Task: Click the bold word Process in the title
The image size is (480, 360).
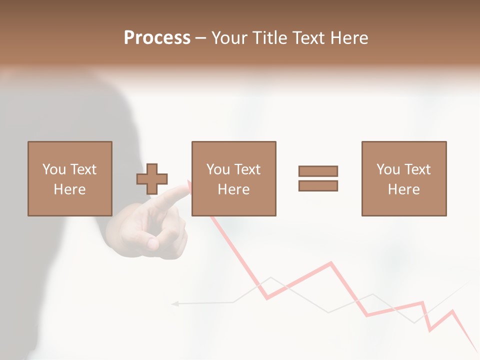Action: pyautogui.click(x=157, y=37)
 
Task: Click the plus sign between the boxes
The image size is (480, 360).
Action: pyautogui.click(x=152, y=178)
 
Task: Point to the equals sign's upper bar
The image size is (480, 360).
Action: pyautogui.click(x=318, y=171)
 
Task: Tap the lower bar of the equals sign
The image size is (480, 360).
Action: pyautogui.click(x=318, y=185)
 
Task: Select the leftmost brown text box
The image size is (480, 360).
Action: pyautogui.click(x=70, y=178)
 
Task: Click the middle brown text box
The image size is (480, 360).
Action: pyautogui.click(x=234, y=178)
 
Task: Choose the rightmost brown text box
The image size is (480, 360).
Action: pyautogui.click(x=404, y=178)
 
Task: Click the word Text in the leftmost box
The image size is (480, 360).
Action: pyautogui.click(x=83, y=169)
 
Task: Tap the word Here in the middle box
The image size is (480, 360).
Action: pyautogui.click(x=234, y=189)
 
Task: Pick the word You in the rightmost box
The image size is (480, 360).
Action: pyautogui.click(x=388, y=169)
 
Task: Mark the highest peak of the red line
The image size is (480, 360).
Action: pyautogui.click(x=330, y=262)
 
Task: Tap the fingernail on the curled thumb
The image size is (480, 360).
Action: pyautogui.click(x=152, y=244)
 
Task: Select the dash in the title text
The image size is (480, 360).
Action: pyautogui.click(x=201, y=37)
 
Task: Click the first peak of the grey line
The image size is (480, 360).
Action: pyautogui.click(x=270, y=277)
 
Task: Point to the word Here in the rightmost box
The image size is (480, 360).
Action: pyautogui.click(x=404, y=189)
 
